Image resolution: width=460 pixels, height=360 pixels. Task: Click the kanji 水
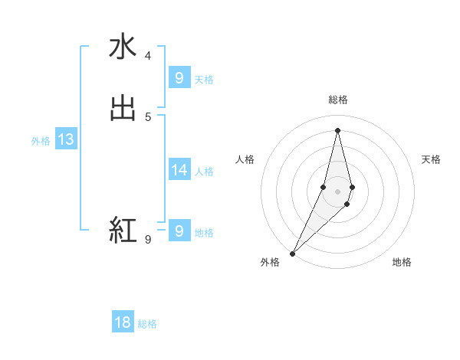coord(123,47)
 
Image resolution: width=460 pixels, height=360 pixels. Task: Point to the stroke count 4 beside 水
coord(148,56)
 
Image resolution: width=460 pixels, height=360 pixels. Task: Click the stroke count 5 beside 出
coord(148,116)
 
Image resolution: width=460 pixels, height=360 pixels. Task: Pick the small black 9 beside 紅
coord(148,239)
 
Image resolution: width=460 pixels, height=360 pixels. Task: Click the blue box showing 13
coord(65,140)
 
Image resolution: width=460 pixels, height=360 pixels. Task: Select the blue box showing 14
coord(179,170)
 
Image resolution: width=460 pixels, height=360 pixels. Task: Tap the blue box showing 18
coord(123,322)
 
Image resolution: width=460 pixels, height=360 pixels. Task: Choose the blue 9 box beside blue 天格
coord(179,78)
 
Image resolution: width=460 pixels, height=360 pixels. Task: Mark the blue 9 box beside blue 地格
coord(179,231)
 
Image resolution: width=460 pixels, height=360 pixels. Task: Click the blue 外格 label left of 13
coord(41,141)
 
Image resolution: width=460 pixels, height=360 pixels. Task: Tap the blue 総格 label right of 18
coord(147,324)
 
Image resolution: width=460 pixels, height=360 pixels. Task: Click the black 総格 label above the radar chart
coord(338,100)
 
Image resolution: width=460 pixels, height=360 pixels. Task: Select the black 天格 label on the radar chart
coord(431,159)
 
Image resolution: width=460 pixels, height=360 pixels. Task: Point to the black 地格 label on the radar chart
coord(402,262)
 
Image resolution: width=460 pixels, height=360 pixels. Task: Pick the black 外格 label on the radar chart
coord(270,262)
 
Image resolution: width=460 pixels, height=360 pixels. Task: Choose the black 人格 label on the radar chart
coord(245,159)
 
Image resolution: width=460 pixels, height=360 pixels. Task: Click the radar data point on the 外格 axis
coord(292,253)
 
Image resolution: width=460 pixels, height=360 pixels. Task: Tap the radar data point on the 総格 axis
coord(338,130)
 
